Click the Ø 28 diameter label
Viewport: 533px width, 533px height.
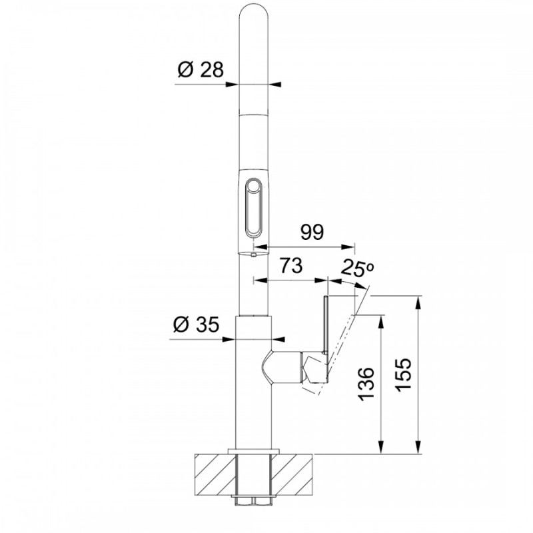[201, 70]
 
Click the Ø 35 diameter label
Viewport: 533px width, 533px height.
[196, 324]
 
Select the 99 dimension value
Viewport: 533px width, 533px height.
[312, 232]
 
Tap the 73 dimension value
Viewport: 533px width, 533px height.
[290, 265]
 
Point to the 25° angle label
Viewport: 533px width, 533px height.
[357, 268]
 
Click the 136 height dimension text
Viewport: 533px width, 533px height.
[366, 384]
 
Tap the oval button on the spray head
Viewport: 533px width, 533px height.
[254, 207]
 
